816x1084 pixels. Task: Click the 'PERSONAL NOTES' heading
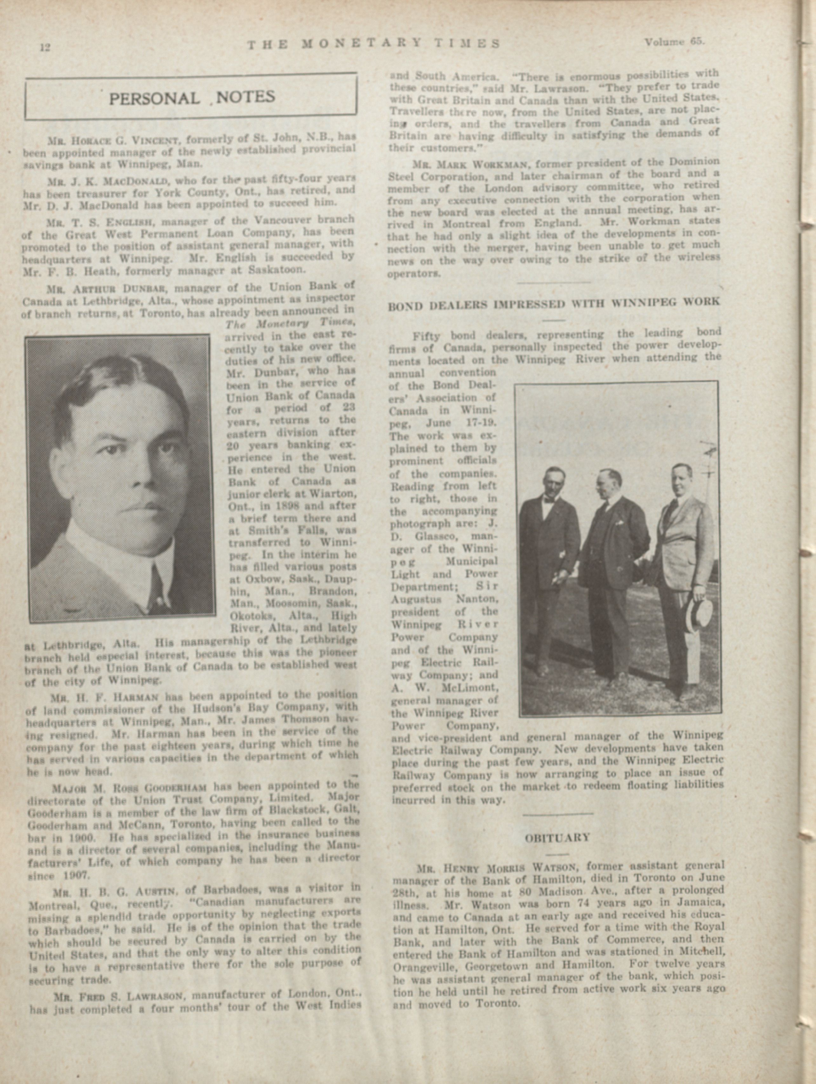[192, 97]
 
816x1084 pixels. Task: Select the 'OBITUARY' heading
[558, 838]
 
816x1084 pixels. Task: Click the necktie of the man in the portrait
[157, 585]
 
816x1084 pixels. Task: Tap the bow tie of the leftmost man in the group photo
[548, 500]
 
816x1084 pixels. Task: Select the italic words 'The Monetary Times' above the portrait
[290, 324]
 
